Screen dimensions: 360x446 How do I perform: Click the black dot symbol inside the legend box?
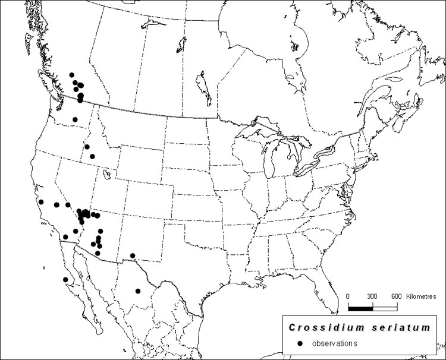pos(301,343)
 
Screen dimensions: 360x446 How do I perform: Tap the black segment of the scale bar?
pos(360,308)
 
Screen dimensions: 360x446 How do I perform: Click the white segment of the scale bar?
pos(385,308)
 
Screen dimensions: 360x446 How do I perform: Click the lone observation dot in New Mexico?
pos(133,256)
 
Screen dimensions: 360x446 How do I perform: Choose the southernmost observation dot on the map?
pos(138,291)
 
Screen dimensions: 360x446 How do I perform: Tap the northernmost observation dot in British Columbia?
pos(72,75)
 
